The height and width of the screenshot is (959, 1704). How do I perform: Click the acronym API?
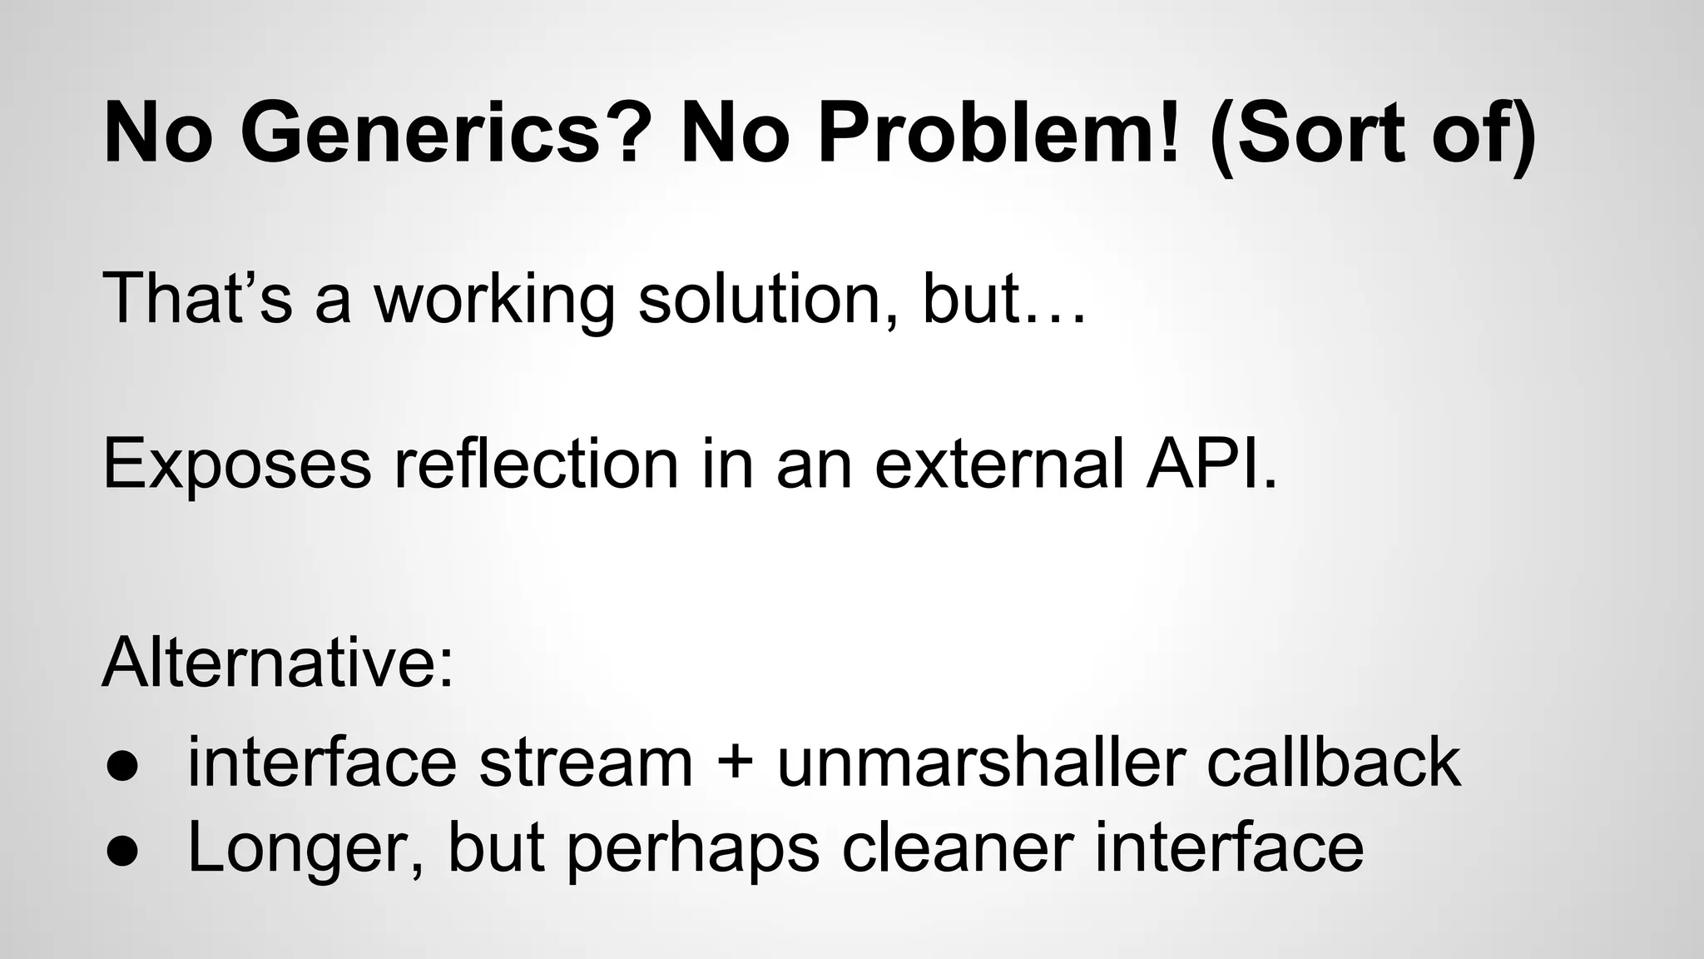1210,464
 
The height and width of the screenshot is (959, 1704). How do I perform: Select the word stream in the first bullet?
586,763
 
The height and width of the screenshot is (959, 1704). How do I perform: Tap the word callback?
1333,763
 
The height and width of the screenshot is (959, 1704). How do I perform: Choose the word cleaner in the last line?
957,847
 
